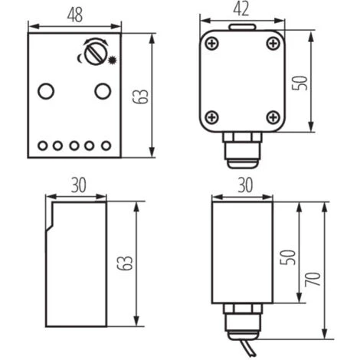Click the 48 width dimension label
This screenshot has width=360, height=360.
(x=75, y=15)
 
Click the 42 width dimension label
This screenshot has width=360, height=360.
(x=241, y=9)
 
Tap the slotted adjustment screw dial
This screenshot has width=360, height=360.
(x=93, y=54)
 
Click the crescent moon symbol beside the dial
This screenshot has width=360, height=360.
(x=80, y=58)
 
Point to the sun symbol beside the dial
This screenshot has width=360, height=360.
(x=112, y=60)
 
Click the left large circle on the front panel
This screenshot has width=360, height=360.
(x=46, y=91)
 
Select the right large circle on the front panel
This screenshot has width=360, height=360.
(x=103, y=91)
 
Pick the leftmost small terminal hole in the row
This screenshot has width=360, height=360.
(x=42, y=146)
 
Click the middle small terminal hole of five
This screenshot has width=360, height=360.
(x=74, y=146)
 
